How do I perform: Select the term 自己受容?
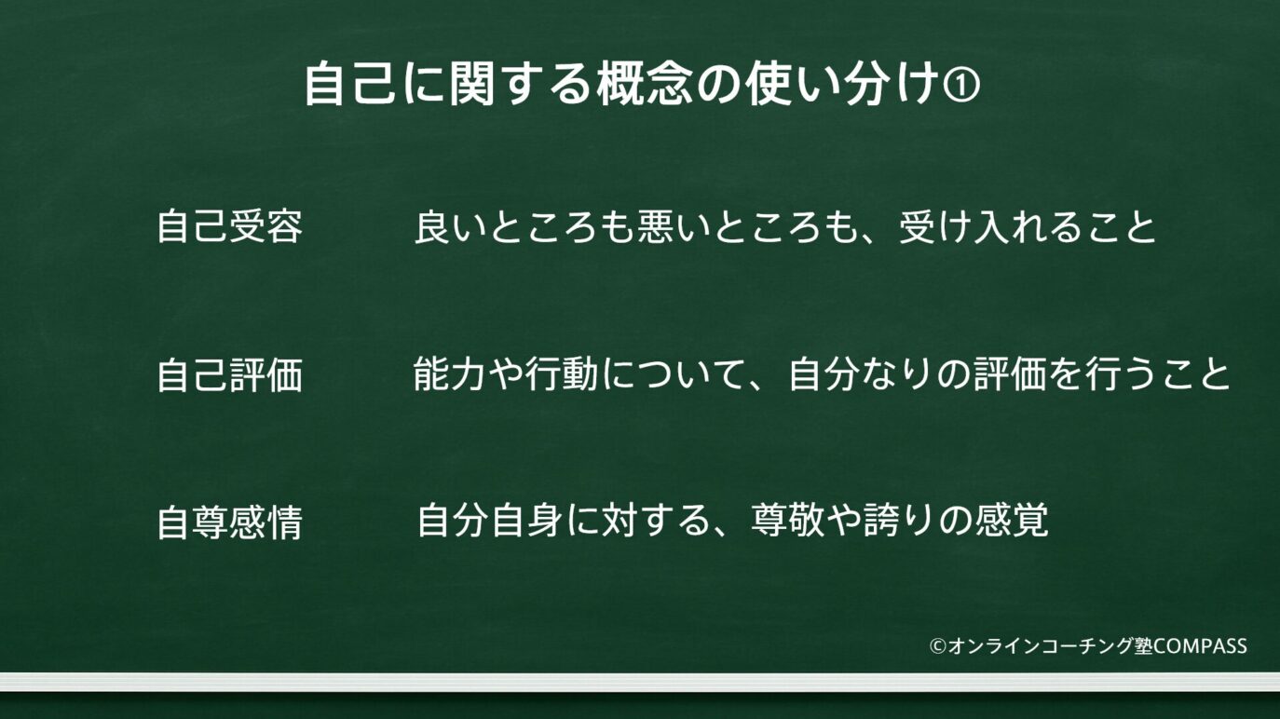[x=230, y=226]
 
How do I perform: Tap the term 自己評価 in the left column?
[x=230, y=375]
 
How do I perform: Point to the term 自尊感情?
[x=230, y=522]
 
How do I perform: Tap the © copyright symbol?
[x=938, y=646]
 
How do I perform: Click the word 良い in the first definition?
[x=451, y=227]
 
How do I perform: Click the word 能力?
[x=449, y=374]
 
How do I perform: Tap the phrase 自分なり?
[x=863, y=374]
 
